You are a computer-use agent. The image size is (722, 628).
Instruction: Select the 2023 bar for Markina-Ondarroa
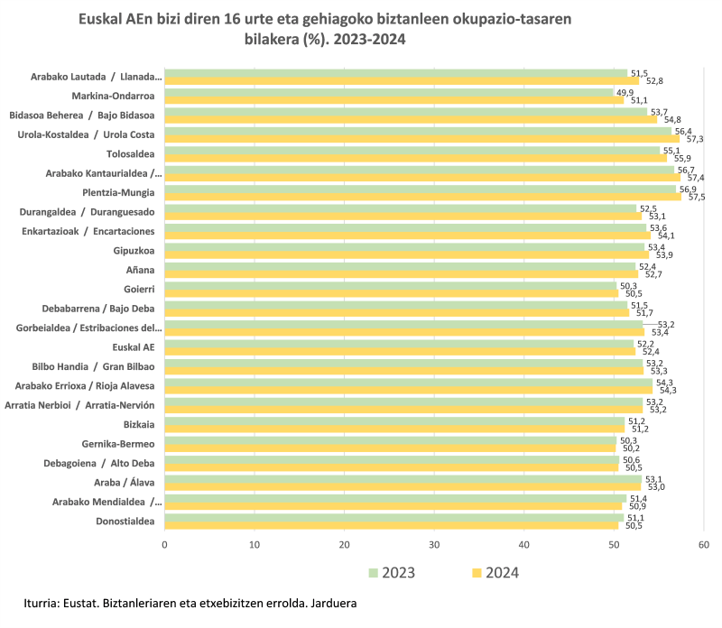(x=388, y=92)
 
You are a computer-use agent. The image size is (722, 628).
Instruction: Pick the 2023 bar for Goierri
(x=390, y=286)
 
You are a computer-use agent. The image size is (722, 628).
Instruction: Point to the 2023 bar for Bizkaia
(x=394, y=421)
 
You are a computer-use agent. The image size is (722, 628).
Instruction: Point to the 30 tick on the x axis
(x=434, y=544)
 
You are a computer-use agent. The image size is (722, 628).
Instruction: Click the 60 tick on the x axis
(x=703, y=544)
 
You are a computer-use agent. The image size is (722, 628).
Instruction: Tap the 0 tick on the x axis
(x=164, y=544)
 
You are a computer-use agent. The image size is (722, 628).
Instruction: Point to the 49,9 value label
(x=625, y=92)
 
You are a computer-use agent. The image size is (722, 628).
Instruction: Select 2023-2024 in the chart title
(x=366, y=40)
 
